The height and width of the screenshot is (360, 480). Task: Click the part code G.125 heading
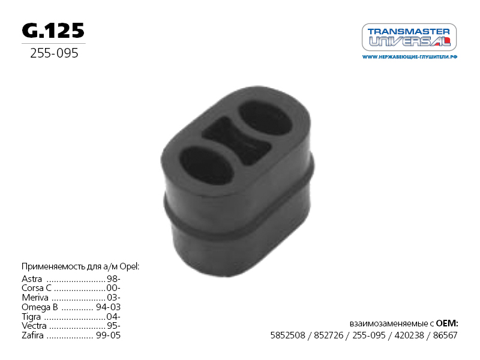[x=53, y=31]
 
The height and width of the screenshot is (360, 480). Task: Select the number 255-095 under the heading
[x=54, y=53]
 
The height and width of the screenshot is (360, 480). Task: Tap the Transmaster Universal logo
[x=409, y=37]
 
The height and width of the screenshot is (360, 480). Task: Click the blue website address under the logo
[x=410, y=57]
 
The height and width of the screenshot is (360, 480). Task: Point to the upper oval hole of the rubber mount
[x=265, y=118]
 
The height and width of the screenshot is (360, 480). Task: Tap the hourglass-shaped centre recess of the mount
[x=236, y=140]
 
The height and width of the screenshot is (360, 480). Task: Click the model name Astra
[x=32, y=279]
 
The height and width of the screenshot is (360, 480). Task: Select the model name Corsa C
[x=37, y=288]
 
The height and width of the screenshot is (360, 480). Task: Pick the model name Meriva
[x=35, y=298]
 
